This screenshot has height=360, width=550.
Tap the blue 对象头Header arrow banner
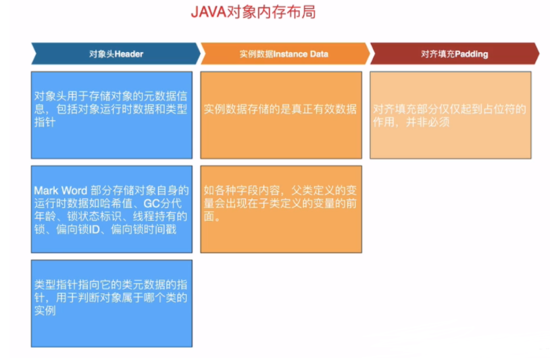click(116, 53)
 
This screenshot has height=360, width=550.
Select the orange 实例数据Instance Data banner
click(284, 53)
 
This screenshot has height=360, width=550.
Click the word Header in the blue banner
click(129, 53)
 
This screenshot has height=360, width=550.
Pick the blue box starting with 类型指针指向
click(111, 304)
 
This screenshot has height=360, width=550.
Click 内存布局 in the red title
click(284, 12)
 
